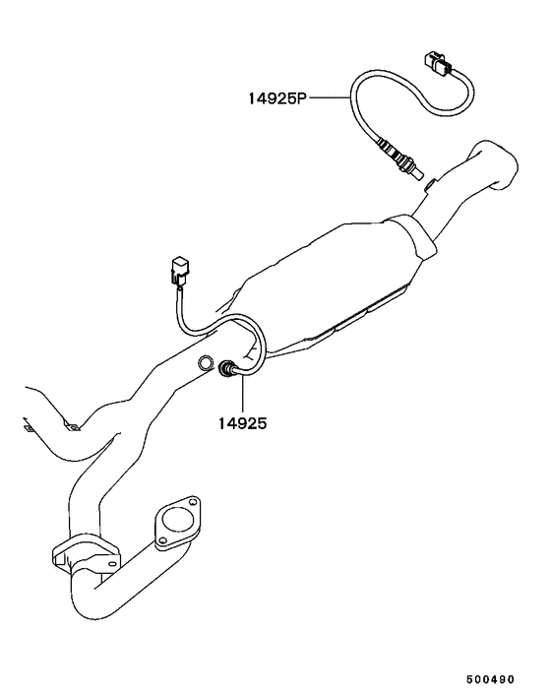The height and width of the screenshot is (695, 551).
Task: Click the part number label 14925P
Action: tap(277, 98)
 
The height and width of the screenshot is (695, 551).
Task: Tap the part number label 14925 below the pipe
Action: tap(242, 423)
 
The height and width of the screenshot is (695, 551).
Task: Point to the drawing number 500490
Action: tap(490, 679)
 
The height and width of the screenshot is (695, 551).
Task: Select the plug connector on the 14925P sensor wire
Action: tap(439, 64)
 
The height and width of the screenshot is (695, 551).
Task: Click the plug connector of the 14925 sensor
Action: tap(179, 271)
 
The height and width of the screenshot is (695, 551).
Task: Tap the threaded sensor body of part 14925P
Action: tap(400, 158)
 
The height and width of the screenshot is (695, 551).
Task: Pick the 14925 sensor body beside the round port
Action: tap(228, 370)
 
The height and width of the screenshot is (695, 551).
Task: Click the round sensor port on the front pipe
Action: tap(205, 362)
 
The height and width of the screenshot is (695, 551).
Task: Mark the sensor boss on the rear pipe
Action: tap(430, 184)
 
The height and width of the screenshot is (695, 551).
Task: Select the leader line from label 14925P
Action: tap(329, 97)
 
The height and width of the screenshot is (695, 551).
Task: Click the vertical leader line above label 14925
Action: tap(243, 394)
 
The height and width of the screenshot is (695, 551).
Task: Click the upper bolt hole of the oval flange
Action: tap(192, 502)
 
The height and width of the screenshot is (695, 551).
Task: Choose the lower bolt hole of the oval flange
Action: tap(162, 540)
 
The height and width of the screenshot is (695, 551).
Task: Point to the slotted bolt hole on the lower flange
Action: tap(113, 564)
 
